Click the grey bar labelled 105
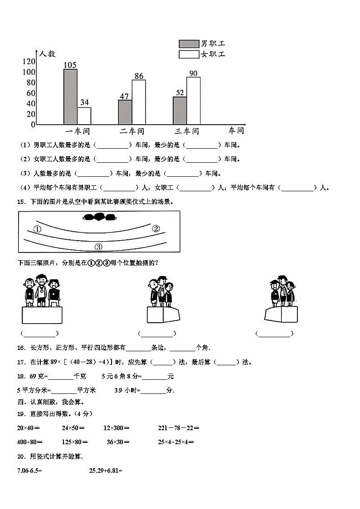coord(70,97)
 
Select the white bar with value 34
coord(84,116)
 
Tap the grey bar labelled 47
coord(125,112)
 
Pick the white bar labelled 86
coord(139,102)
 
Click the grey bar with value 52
coord(180,111)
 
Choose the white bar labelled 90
coord(193,101)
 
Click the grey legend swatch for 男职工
coord(189,44)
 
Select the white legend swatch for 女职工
coord(189,54)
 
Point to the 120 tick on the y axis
coord(29,62)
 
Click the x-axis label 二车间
coord(132,131)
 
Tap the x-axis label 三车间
coord(187,131)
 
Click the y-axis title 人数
coord(48,54)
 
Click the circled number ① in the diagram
coord(37,229)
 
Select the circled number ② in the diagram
coord(156,228)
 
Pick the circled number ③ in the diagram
coord(98,247)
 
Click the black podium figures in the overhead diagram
coord(99,218)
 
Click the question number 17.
coord(20,362)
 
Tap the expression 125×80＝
coord(75,442)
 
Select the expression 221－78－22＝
coord(179,428)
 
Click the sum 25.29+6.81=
coord(106,470)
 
